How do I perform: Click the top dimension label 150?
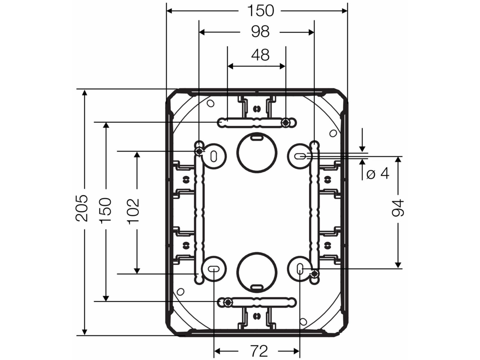(x=260, y=11)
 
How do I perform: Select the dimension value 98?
(x=260, y=32)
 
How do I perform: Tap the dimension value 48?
(x=260, y=55)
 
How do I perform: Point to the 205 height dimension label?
(x=82, y=208)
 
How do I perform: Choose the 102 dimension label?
(x=133, y=211)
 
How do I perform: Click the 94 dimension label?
(x=398, y=208)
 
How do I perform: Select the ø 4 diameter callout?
(x=378, y=173)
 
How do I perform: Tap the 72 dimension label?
(x=258, y=350)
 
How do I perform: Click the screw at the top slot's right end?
(x=286, y=122)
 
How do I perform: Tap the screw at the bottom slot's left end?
(x=228, y=302)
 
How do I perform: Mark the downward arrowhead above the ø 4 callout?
(x=362, y=148)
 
